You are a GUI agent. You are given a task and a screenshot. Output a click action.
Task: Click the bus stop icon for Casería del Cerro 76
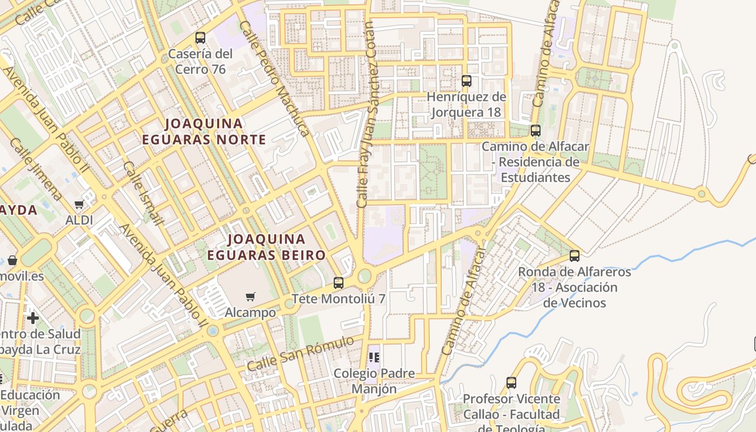pos(200,38)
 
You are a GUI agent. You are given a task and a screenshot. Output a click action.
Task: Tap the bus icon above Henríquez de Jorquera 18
pos(467,81)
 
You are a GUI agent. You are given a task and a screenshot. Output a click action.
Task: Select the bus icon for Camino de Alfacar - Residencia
pos(535,131)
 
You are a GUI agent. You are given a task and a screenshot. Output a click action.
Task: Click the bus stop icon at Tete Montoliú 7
pos(339,282)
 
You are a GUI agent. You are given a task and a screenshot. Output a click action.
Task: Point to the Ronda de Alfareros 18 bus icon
pos(575,256)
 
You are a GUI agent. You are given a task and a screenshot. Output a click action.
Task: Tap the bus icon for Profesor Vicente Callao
pos(511,383)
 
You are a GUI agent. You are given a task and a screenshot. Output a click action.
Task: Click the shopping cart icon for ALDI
pos(79,205)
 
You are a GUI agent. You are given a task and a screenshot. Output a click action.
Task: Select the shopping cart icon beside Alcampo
pos(250,296)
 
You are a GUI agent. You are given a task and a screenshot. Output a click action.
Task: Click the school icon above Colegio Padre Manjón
pos(374,357)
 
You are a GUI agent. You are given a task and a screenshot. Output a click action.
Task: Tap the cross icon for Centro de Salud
pos(33,318)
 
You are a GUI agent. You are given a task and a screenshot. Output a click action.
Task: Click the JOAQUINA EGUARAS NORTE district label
pos(204,131)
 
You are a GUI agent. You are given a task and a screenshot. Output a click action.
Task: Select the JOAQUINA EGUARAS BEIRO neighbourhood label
pos(267,247)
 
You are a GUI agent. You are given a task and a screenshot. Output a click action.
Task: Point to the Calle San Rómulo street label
pos(300,354)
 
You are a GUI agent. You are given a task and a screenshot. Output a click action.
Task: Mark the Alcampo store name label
pos(250,313)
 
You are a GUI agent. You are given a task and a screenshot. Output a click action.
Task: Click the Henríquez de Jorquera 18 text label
pos(467,105)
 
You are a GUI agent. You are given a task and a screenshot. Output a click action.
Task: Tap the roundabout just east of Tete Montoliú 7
pos(364,276)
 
